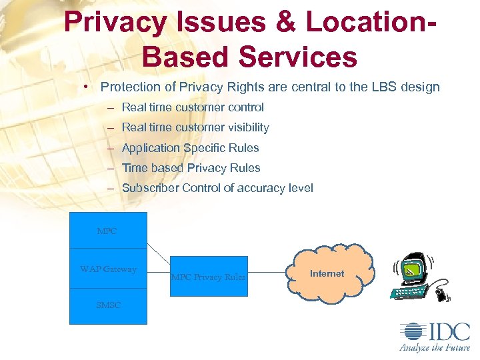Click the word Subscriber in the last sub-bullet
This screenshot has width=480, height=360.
(151, 188)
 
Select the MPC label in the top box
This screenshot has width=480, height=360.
(107, 231)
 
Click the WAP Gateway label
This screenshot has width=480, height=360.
(108, 269)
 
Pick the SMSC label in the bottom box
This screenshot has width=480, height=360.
(108, 305)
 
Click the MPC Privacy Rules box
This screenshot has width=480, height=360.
(208, 277)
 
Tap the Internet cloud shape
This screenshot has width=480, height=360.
(327, 273)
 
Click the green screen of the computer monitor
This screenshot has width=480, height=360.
(414, 269)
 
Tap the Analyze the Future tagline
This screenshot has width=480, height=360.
(434, 347)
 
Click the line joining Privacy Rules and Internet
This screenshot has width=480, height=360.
(269, 273)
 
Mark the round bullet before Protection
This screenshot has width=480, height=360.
(87, 87)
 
